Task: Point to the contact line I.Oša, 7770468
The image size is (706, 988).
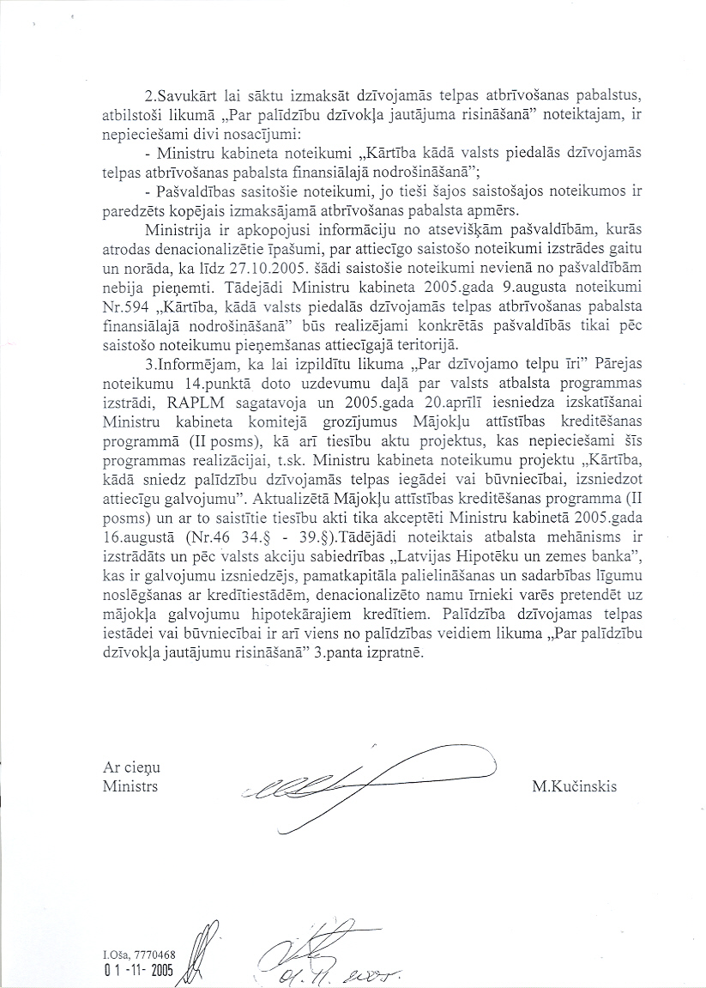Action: point(138,954)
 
